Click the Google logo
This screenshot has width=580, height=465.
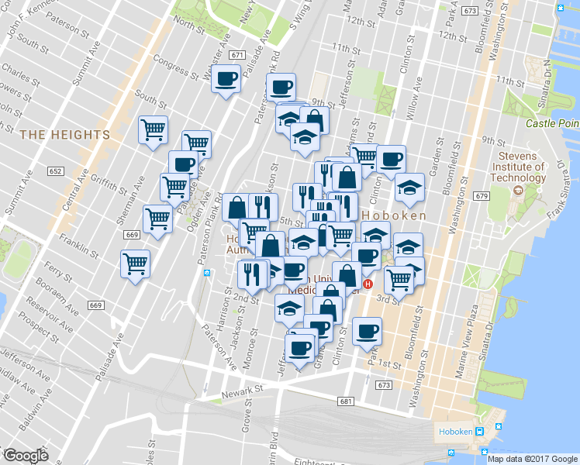click(26, 456)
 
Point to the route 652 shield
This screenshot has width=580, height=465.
click(54, 170)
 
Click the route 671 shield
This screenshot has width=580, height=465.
click(237, 55)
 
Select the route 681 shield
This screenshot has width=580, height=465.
click(346, 401)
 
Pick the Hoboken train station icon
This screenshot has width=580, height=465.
click(480, 432)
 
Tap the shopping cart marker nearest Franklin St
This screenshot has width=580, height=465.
click(136, 263)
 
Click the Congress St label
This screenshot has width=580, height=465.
click(170, 64)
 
